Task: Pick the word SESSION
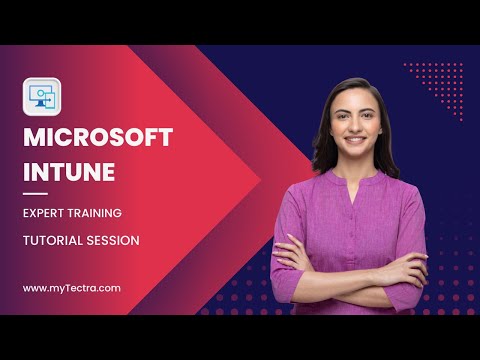(x=113, y=241)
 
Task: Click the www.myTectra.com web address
(x=72, y=288)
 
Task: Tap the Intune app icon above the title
(x=42, y=97)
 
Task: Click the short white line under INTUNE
(x=35, y=194)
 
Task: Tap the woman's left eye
(x=369, y=116)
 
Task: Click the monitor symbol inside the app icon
(x=40, y=96)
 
